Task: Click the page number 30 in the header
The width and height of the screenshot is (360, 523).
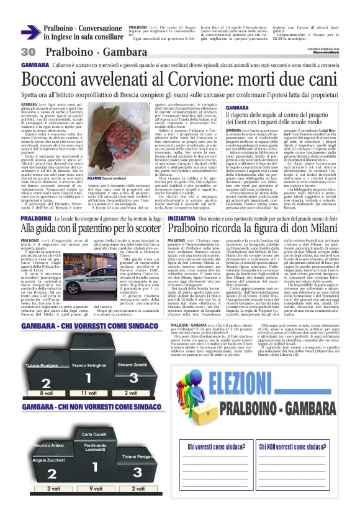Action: point(27,52)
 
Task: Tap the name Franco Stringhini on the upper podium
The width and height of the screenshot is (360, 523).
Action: point(89,348)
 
